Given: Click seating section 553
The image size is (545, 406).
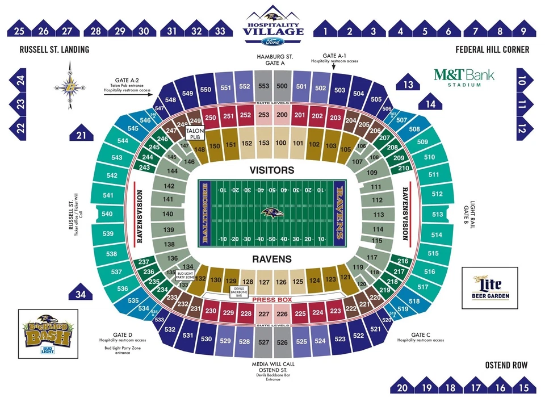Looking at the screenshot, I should [263, 86].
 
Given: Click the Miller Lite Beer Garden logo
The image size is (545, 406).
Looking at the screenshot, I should [491, 287].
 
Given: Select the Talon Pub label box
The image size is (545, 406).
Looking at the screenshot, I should [195, 134].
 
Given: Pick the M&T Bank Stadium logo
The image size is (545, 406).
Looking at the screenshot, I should [464, 77].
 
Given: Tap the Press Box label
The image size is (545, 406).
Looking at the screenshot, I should [272, 299].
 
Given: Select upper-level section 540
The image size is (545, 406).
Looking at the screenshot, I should [107, 214].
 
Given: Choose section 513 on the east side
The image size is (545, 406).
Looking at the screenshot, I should [437, 215].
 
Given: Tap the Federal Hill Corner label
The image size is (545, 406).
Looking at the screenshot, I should [492, 50].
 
